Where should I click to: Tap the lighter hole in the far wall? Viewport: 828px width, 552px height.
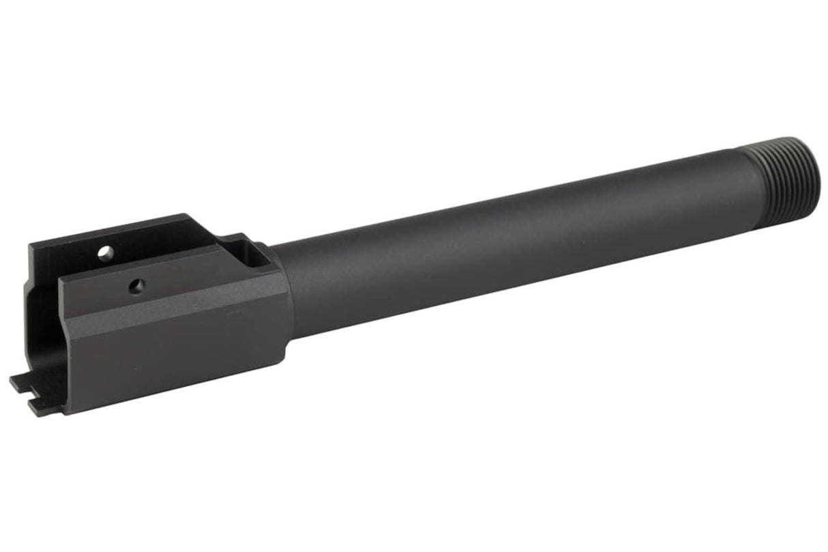104,253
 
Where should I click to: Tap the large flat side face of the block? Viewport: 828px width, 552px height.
177,348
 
